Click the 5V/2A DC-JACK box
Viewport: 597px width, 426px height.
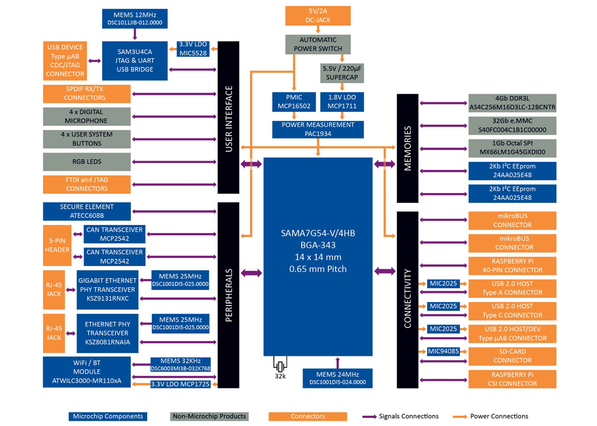(x=318, y=15)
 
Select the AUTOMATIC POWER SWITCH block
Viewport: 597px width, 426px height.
(x=318, y=44)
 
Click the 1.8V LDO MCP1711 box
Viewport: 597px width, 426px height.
(x=342, y=102)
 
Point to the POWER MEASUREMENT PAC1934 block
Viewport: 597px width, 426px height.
(x=318, y=129)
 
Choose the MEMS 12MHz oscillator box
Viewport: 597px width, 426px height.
(x=135, y=18)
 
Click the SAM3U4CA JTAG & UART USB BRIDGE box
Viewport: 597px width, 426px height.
(x=134, y=61)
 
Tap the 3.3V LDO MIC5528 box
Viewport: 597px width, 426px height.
(x=194, y=48)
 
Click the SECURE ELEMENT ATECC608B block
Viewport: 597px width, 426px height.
(x=87, y=211)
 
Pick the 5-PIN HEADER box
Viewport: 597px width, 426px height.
(x=57, y=245)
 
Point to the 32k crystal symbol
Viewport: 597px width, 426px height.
(x=280, y=367)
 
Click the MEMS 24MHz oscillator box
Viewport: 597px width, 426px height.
(x=337, y=378)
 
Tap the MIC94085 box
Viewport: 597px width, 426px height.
(x=443, y=351)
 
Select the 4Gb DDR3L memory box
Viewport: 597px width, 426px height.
(x=512, y=103)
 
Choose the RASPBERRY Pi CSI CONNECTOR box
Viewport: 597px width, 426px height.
(x=512, y=379)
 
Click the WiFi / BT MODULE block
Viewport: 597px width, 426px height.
(x=87, y=372)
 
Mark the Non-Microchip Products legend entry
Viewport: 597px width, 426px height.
(x=208, y=416)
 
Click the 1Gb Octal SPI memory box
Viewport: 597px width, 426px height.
(x=512, y=148)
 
